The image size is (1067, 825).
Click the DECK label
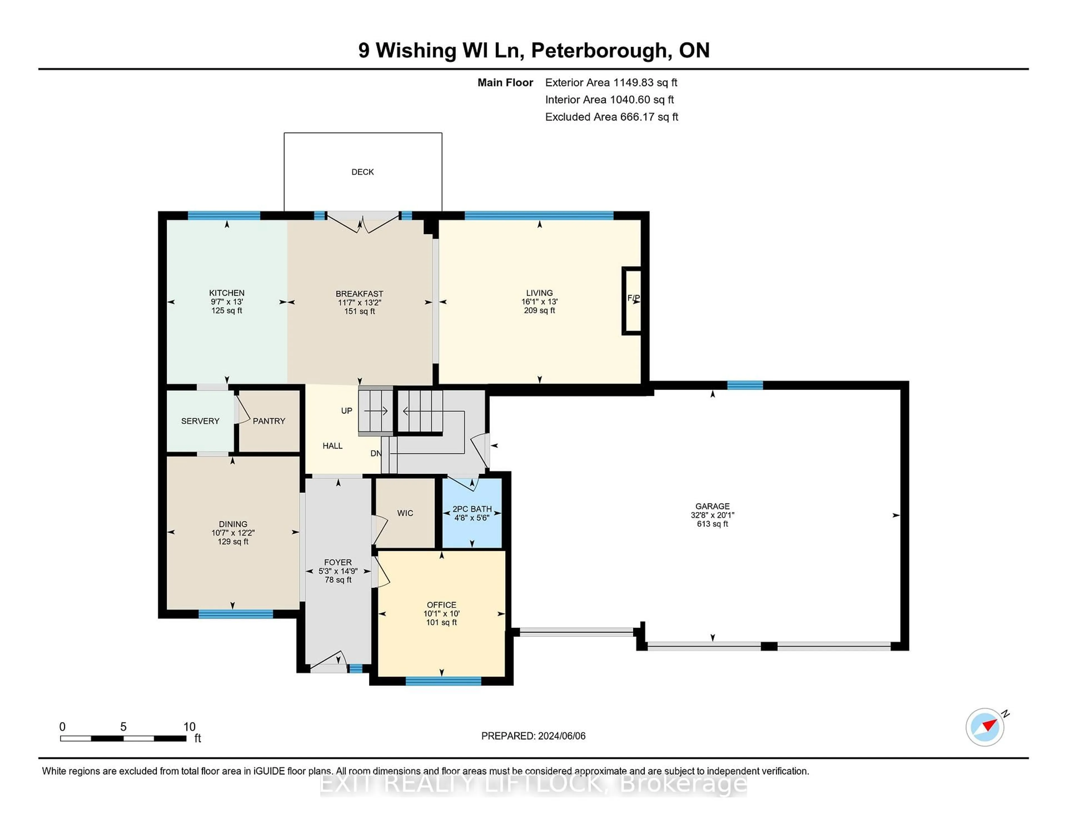click(363, 172)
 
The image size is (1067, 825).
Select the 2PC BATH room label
click(472, 509)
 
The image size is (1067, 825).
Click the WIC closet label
click(405, 513)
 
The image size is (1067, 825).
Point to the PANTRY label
click(269, 421)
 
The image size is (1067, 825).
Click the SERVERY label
click(200, 421)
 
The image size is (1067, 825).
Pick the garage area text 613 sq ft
click(712, 524)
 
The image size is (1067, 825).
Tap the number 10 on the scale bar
click(189, 727)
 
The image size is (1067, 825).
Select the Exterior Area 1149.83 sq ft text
click(611, 83)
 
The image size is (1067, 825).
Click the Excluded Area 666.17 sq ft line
click(611, 117)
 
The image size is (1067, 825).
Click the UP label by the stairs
click(346, 411)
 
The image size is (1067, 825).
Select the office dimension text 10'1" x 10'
click(441, 613)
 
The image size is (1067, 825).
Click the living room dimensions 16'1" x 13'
click(539, 302)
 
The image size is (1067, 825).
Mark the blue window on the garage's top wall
click(745, 385)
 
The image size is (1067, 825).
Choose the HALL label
click(332, 446)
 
